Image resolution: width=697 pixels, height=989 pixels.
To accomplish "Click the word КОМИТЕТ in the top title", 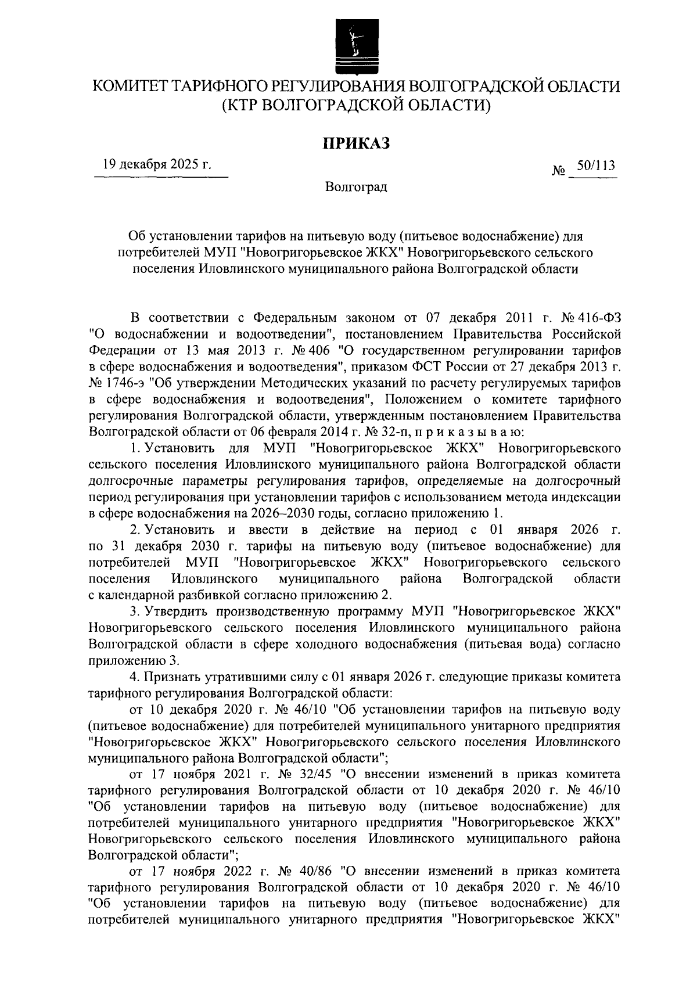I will [x=131, y=87].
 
